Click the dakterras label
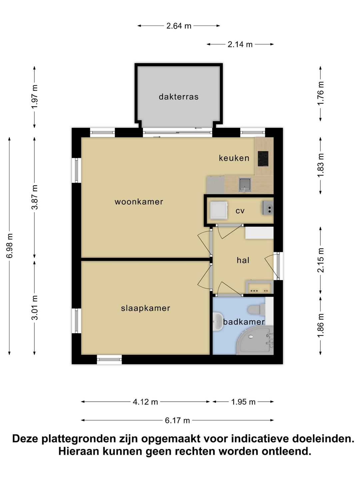tap(178, 97)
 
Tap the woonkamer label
tap(139, 202)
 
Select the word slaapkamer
tap(145, 308)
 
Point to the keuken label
tap(234, 158)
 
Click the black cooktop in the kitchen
tap(263, 159)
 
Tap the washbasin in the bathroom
tap(217, 322)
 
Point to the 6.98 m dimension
tap(10, 246)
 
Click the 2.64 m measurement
tap(179, 26)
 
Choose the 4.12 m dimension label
tap(145, 402)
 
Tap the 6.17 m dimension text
tap(177, 420)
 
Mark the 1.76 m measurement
tap(321, 93)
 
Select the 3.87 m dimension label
tap(35, 197)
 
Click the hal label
tap(243, 260)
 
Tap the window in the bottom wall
tap(109, 359)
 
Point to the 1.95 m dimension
tap(243, 402)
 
